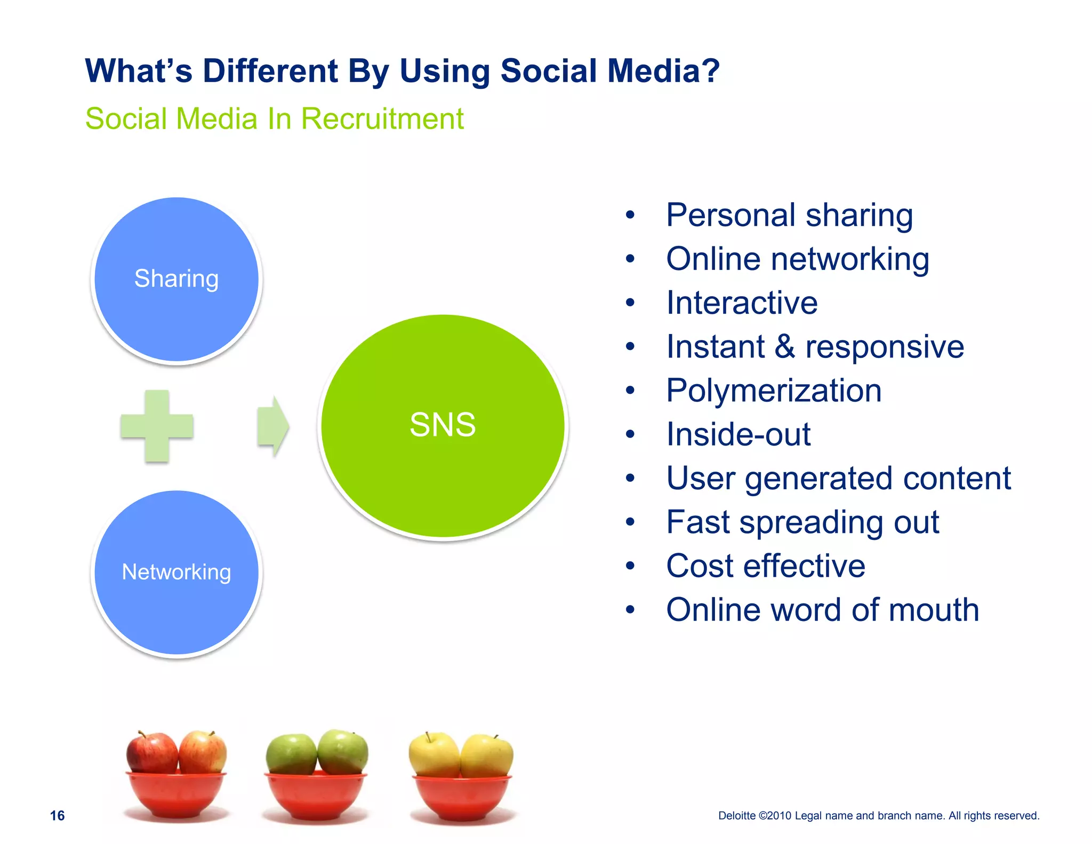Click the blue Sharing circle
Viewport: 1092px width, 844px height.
(x=176, y=280)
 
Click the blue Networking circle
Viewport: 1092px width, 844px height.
(x=176, y=572)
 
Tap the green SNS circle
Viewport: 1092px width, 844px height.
(x=443, y=426)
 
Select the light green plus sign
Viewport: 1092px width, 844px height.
(x=157, y=426)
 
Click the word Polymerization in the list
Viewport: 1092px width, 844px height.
(x=773, y=391)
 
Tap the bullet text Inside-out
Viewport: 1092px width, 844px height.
(x=738, y=434)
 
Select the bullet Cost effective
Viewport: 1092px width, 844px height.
(x=765, y=566)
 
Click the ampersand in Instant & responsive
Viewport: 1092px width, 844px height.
(x=784, y=347)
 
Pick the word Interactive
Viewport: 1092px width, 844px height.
(x=742, y=303)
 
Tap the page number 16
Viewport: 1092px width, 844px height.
(x=57, y=815)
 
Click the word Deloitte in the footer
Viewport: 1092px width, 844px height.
(x=736, y=816)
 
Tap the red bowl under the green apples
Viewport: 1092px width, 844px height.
(x=316, y=794)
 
